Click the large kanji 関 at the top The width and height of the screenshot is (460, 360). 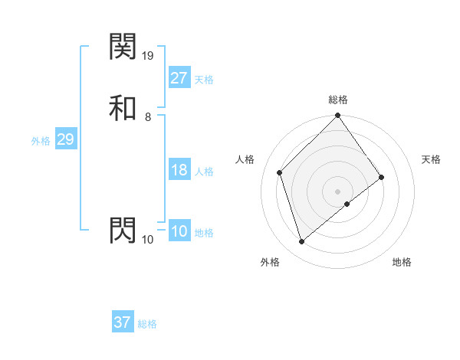(123, 47)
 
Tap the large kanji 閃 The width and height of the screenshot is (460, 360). (123, 230)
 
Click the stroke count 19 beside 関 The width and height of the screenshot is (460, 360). (149, 56)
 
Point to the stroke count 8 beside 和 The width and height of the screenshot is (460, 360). (147, 117)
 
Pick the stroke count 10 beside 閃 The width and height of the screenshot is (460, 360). (148, 240)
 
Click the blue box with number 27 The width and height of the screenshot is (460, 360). (179, 77)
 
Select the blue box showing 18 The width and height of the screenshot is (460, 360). (179, 170)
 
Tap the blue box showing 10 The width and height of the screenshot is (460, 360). (179, 231)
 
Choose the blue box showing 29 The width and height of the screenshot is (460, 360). (66, 140)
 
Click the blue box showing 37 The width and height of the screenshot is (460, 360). (123, 322)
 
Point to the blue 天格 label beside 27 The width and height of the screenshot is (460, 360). (204, 80)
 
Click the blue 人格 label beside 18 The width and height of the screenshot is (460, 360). (204, 172)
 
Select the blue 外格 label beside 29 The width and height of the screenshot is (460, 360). (41, 142)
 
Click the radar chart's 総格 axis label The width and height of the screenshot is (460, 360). (338, 100)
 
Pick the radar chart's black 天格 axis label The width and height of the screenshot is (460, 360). (431, 159)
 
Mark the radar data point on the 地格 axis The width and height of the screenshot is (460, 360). (347, 204)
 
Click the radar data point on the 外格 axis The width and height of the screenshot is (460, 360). (301, 242)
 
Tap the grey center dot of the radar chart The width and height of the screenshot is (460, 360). (338, 191)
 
